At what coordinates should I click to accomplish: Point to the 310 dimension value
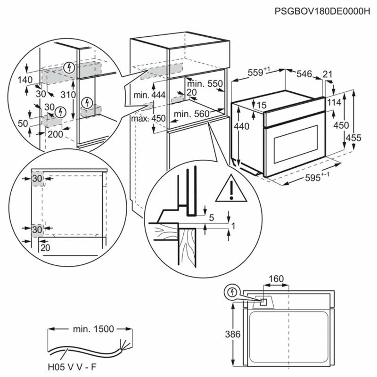[x=68, y=94]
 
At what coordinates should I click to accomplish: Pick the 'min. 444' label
[x=149, y=95]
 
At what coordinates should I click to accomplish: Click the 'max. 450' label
[x=148, y=118]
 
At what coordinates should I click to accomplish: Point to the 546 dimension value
[x=304, y=74]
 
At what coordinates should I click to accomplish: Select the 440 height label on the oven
[x=240, y=126]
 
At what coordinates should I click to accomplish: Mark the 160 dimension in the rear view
[x=276, y=279]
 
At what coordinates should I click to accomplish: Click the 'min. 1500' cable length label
[x=93, y=329]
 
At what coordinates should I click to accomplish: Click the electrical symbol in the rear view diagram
[x=231, y=292]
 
